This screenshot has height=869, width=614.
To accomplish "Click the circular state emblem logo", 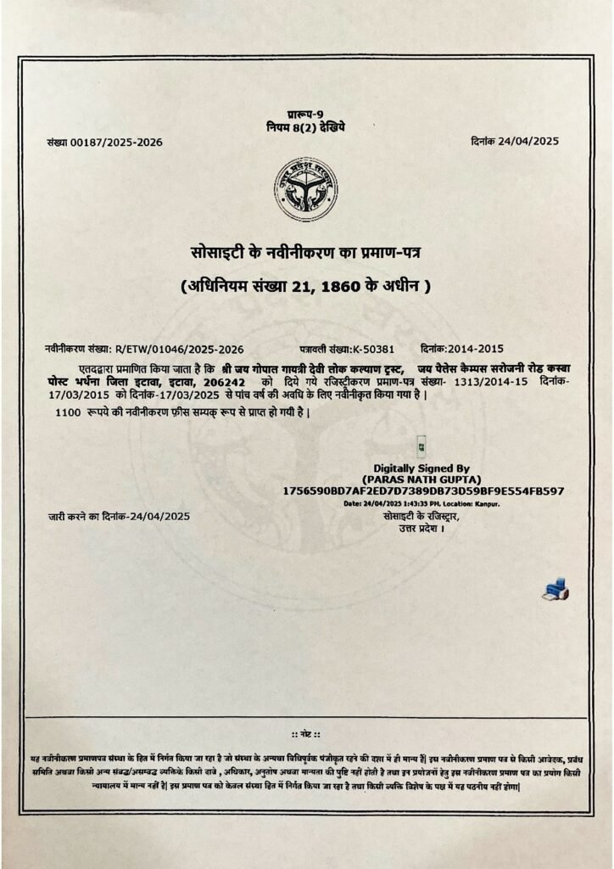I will coord(305,188).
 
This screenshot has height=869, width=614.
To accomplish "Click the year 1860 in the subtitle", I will coord(349,287).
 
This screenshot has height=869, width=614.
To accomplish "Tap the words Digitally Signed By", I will coord(421,468).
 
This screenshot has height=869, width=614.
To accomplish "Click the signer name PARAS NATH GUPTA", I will coord(421,479).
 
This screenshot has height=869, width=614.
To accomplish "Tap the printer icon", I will coord(555,591).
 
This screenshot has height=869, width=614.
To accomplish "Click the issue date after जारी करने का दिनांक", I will coord(159,516).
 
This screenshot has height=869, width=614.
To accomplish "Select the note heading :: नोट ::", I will coord(305,732).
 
